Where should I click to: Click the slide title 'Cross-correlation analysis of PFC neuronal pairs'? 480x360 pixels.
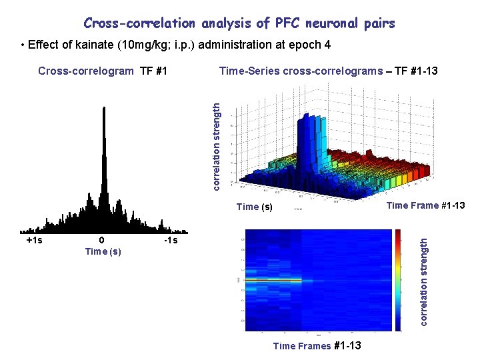(x=239, y=23)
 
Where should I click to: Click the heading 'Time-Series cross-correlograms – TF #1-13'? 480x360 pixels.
(x=328, y=71)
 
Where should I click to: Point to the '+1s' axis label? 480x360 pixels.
(x=34, y=240)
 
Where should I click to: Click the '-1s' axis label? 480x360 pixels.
(x=171, y=240)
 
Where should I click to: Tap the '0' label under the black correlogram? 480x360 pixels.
(x=101, y=240)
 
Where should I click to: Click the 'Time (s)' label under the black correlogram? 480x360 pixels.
(x=103, y=251)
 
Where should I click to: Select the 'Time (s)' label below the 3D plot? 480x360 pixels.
(x=255, y=207)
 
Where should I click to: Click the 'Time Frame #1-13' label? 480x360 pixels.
(x=425, y=205)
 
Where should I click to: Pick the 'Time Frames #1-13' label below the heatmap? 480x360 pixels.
(x=317, y=345)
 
